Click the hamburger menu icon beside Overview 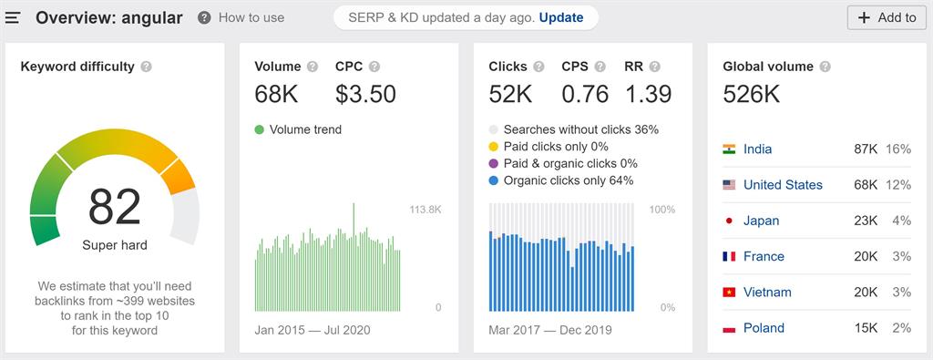pos(13,17)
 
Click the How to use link pos(251,17)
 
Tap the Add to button pos(887,17)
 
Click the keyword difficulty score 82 pos(115,207)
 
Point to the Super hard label pos(115,245)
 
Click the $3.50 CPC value pos(365,94)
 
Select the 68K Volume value pos(276,94)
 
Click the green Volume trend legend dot pos(260,129)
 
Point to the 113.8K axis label pos(425,210)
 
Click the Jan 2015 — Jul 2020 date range pos(313,330)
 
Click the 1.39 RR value pos(648,94)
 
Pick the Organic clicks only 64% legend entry pos(568,180)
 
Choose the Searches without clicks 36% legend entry pos(580,129)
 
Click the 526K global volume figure pos(751,94)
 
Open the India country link pos(757,149)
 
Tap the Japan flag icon pos(729,221)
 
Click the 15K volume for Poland pos(866,328)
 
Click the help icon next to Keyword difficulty pos(147,67)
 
